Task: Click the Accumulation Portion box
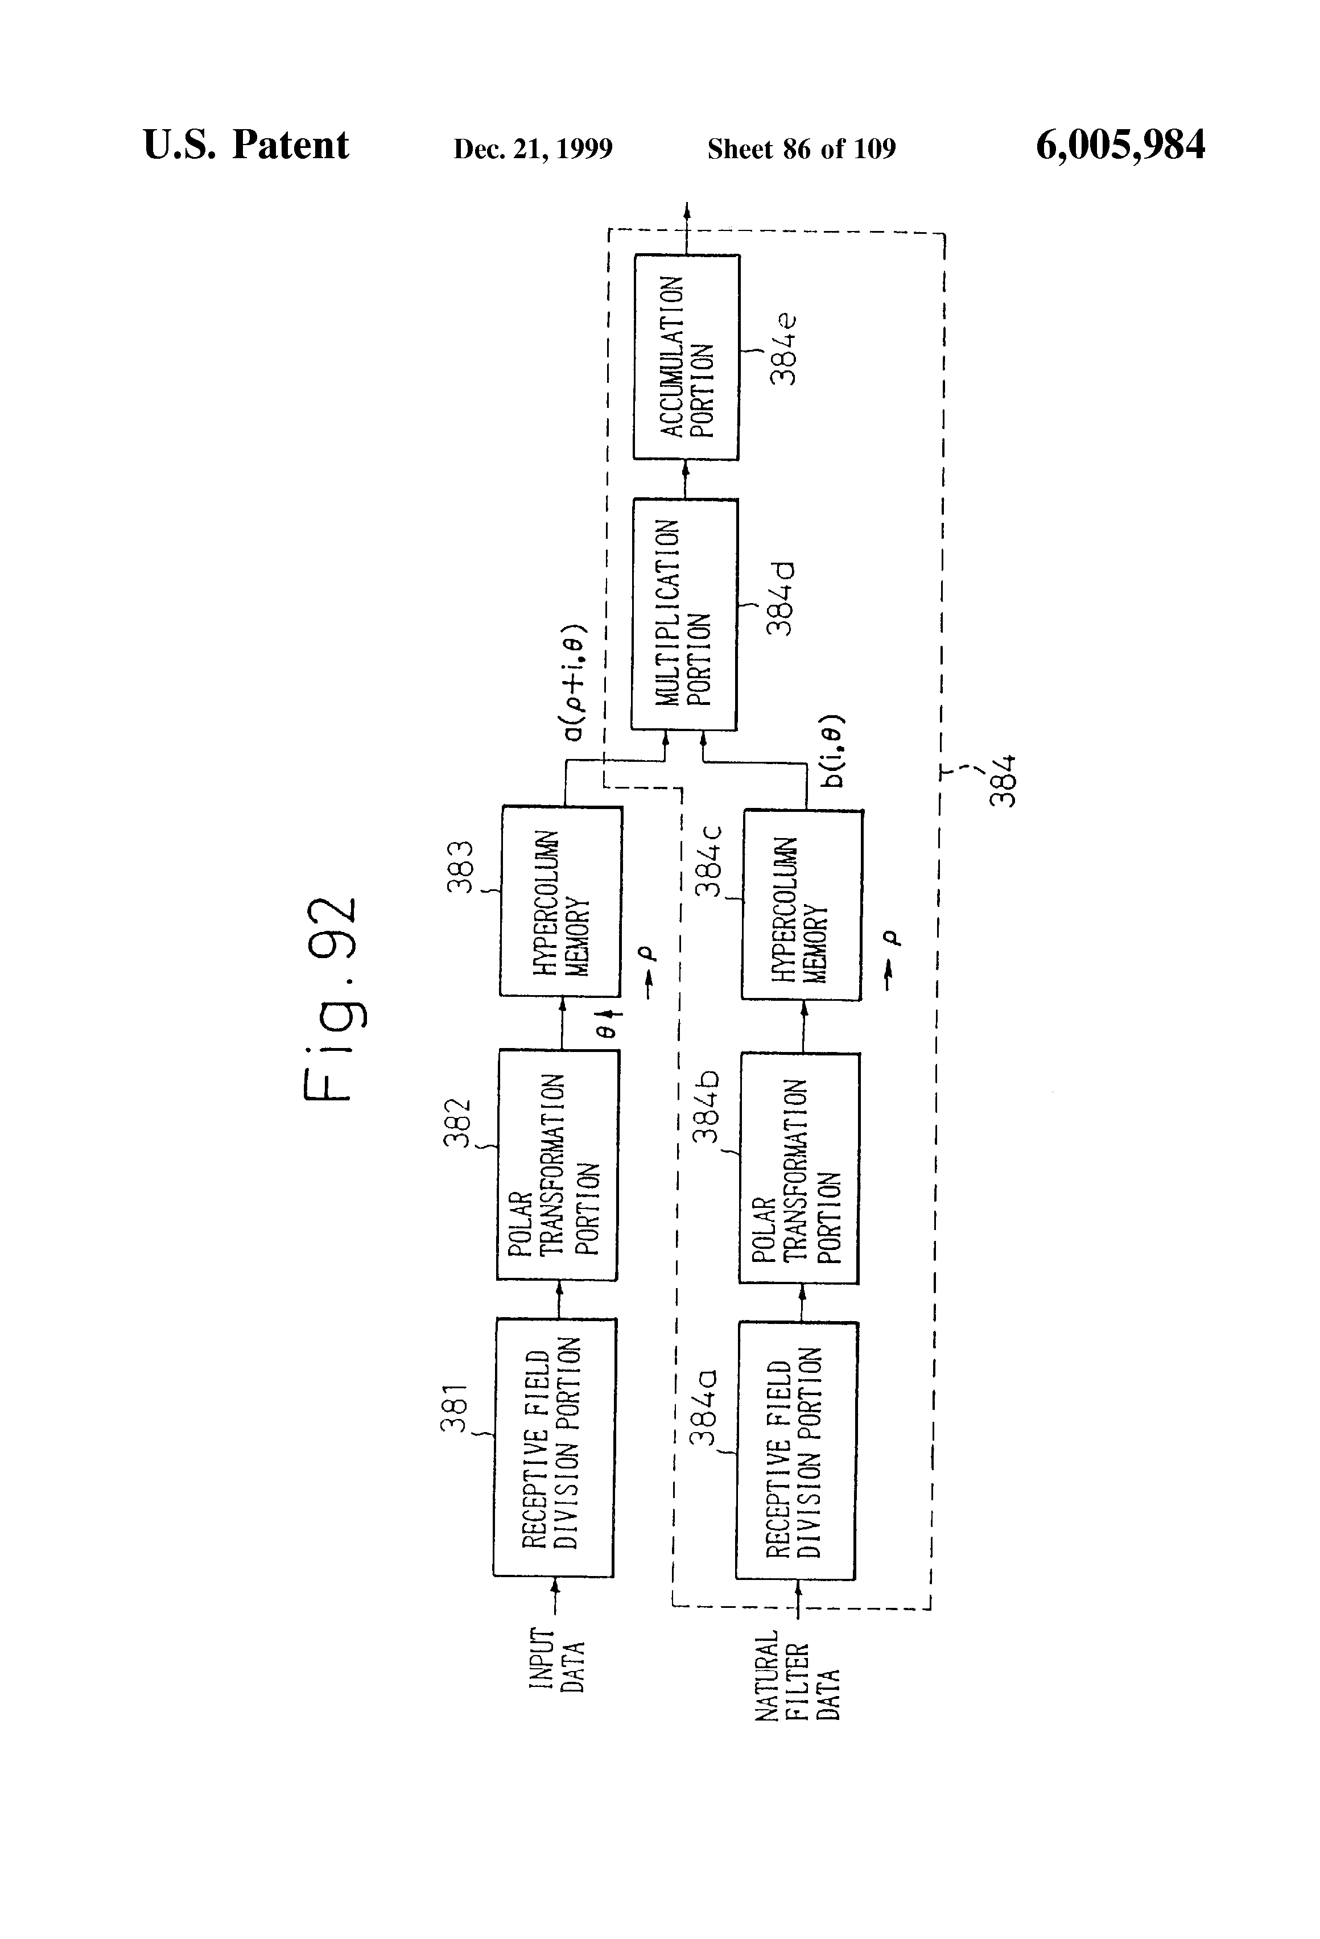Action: (686, 357)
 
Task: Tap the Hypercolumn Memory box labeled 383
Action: (560, 901)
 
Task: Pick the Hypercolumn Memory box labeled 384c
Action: (802, 905)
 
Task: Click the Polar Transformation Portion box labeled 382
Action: (558, 1166)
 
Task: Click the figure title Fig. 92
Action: (331, 999)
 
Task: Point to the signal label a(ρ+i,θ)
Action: (576, 683)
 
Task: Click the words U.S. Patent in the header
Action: (246, 145)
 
